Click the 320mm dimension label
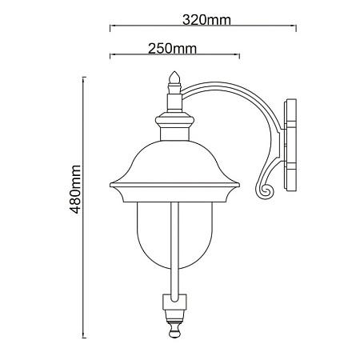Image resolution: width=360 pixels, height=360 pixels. pos(206,20)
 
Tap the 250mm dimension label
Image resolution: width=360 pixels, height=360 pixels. pos(172,49)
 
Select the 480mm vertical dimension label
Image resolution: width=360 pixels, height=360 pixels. pos(75,189)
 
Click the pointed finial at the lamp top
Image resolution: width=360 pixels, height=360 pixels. pos(174,78)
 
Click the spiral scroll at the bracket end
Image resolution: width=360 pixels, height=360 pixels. pos(265,190)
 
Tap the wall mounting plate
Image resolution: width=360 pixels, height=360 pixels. pos(290,145)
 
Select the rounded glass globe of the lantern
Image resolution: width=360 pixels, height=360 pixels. pos(175,235)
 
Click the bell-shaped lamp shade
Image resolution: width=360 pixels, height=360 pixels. pos(175,162)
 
